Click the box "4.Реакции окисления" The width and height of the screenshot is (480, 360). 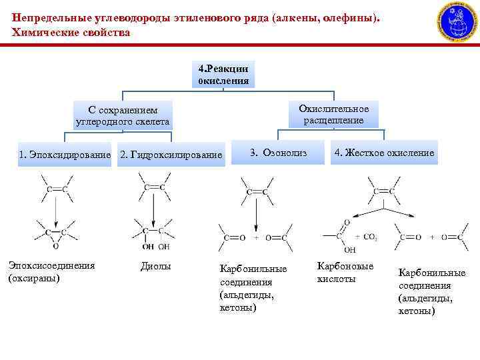pyautogui.click(x=223, y=75)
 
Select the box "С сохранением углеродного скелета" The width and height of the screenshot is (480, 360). pyautogui.click(x=123, y=116)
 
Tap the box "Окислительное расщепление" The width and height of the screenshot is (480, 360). pyautogui.click(x=333, y=114)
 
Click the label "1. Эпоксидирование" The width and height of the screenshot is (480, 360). pyautogui.click(x=65, y=155)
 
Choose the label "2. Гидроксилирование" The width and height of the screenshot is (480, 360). pyautogui.click(x=171, y=155)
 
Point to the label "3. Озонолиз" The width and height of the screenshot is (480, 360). pyautogui.click(x=278, y=153)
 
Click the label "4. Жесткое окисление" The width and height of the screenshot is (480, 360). pyautogui.click(x=384, y=153)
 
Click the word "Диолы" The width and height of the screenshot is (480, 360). pyautogui.click(x=156, y=266)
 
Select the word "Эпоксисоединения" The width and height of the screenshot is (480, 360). pyautogui.click(x=51, y=265)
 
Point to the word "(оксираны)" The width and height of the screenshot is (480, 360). pyautogui.click(x=34, y=277)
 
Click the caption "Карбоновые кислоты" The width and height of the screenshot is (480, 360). pyautogui.click(x=345, y=272)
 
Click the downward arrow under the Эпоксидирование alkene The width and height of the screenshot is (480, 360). pyautogui.click(x=56, y=210)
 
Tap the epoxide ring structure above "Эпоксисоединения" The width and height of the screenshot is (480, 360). pyautogui.click(x=56, y=235)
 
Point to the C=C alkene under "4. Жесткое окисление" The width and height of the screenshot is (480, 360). pyautogui.click(x=383, y=191)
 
